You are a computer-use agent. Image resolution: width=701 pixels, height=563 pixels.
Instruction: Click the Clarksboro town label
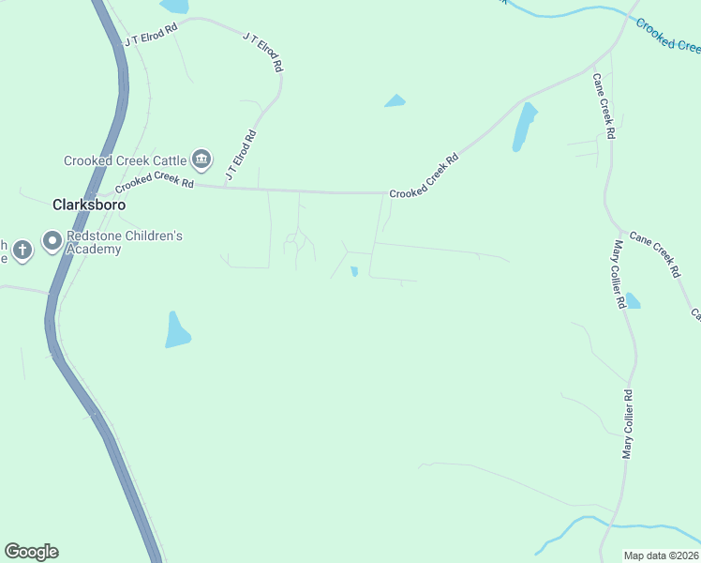coord(89,204)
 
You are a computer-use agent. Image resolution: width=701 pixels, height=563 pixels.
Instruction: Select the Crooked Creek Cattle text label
coord(125,160)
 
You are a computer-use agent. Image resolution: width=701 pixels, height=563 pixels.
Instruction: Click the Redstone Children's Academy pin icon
coord(52,242)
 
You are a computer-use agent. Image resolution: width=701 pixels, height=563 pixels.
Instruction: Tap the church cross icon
coord(22,250)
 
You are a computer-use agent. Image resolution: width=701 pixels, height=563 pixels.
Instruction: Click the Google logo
coord(31,552)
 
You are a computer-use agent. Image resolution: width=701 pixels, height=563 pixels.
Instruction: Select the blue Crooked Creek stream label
coord(668,36)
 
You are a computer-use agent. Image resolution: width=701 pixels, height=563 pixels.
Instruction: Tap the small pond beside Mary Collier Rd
coord(632,300)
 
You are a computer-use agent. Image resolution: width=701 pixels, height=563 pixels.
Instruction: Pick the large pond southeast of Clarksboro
coord(176,330)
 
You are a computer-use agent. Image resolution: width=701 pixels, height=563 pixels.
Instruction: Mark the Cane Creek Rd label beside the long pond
coord(604,106)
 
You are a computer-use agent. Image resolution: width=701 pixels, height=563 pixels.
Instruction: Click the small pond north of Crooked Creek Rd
coord(395,100)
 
